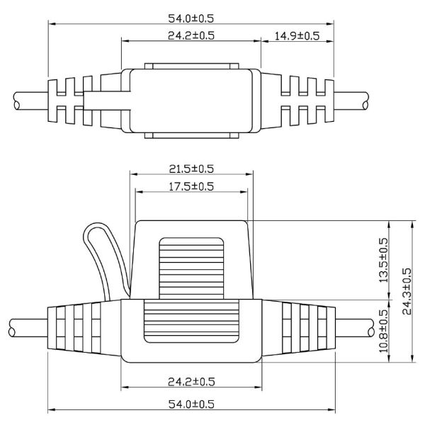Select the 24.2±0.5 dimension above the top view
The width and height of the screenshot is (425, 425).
191,34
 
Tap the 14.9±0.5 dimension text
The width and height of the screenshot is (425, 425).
297,34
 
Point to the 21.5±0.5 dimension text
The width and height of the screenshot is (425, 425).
191,168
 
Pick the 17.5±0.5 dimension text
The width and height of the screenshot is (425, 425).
191,186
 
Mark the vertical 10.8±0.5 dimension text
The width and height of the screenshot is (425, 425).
384,331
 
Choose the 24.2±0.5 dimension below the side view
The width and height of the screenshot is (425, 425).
191,382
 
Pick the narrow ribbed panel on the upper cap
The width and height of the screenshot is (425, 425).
191,266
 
